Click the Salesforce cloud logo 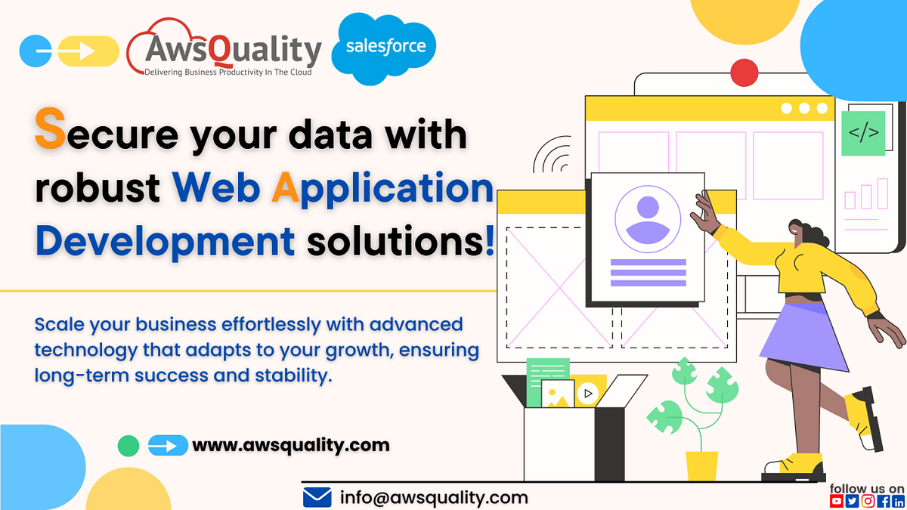385,47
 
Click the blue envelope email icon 317,497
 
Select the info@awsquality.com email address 434,497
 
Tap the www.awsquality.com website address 291,445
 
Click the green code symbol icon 863,134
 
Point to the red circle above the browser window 744,73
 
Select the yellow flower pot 701,465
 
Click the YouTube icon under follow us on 837,501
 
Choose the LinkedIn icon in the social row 898,501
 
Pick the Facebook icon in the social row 884,501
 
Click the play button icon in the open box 586,393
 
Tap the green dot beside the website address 128,446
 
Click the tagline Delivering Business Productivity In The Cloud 228,72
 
